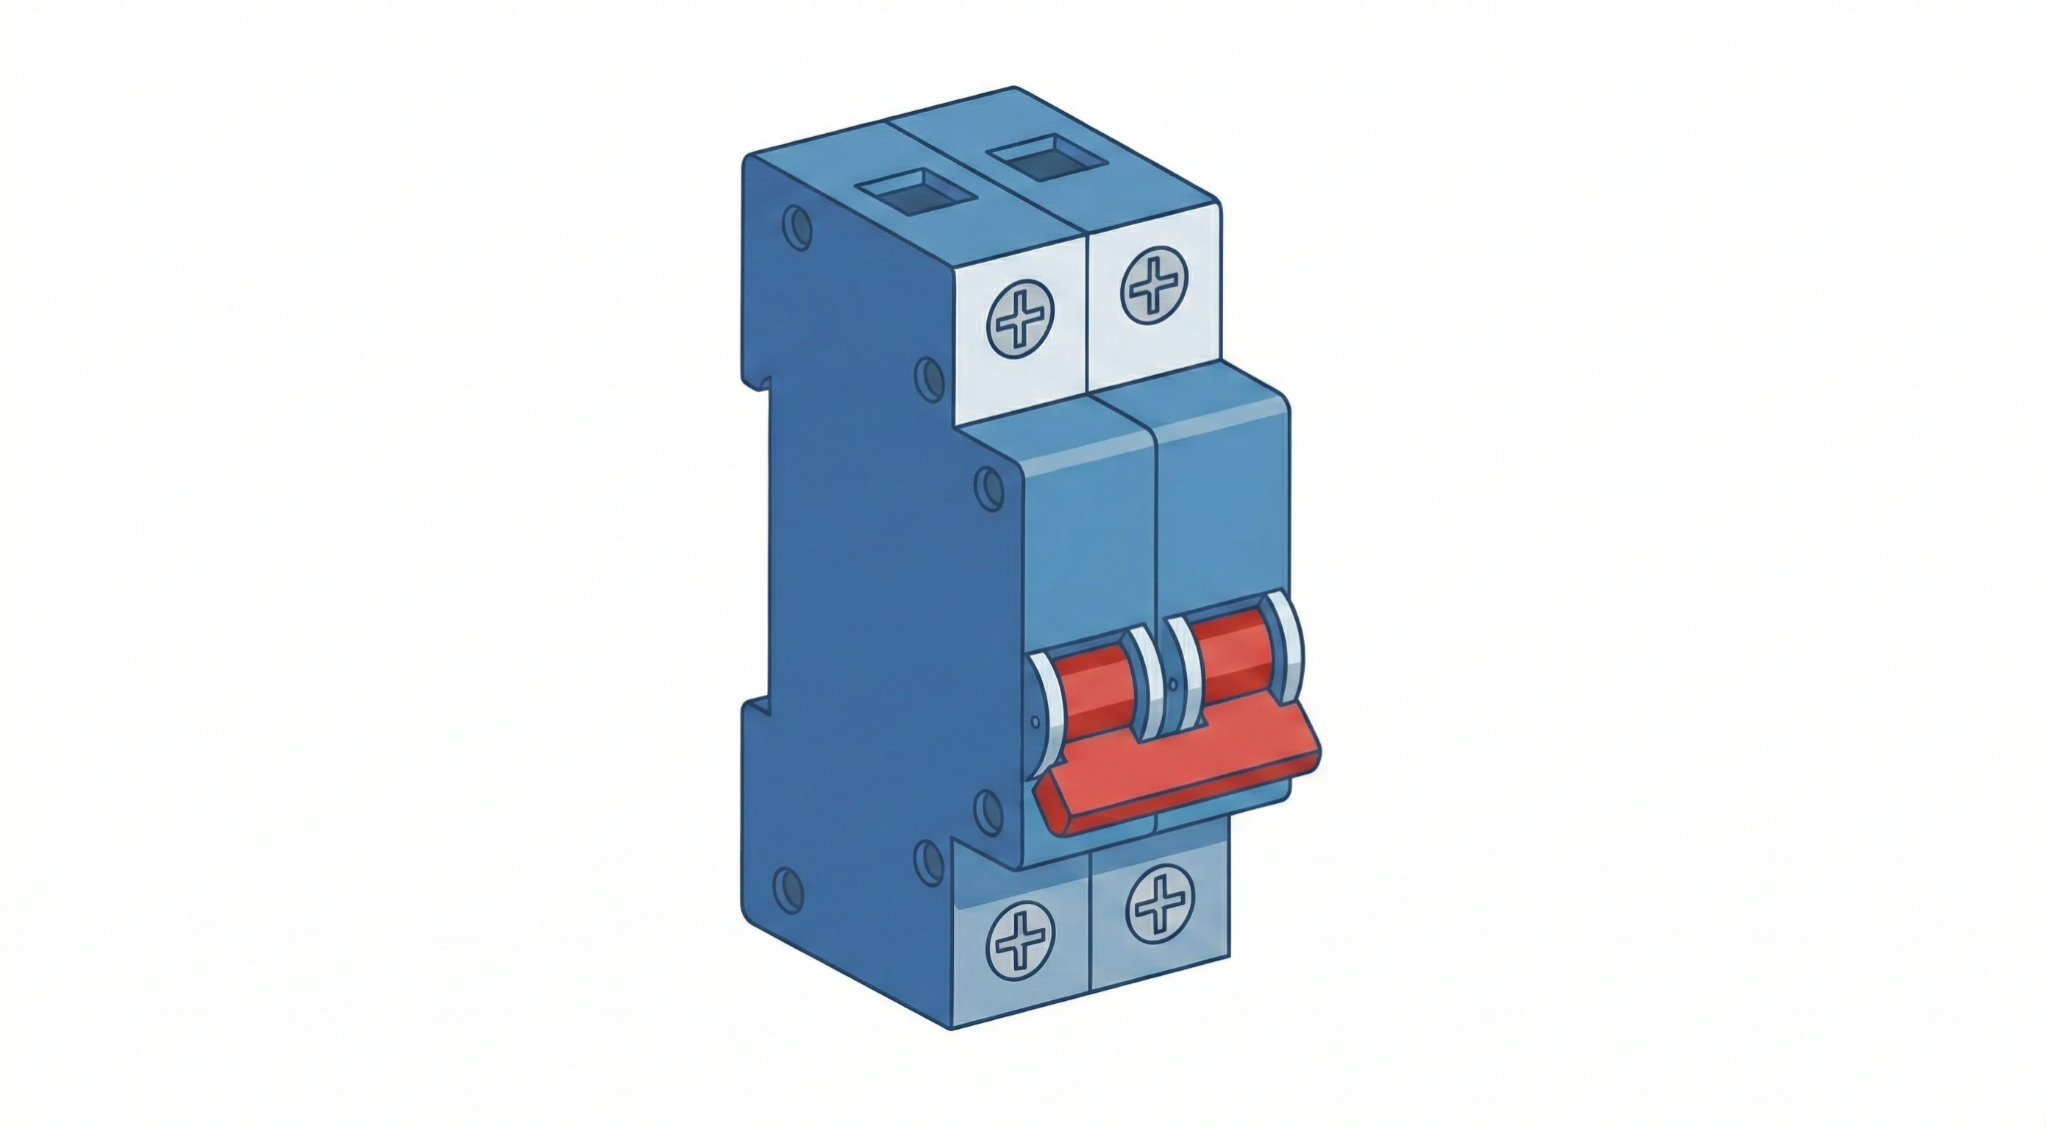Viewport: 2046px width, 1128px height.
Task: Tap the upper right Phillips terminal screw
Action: coord(1155,284)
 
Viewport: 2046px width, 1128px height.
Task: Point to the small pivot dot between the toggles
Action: coord(1170,688)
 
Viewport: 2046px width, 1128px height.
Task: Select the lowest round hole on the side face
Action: coord(788,885)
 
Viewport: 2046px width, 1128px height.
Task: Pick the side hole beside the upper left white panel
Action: coord(929,380)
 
